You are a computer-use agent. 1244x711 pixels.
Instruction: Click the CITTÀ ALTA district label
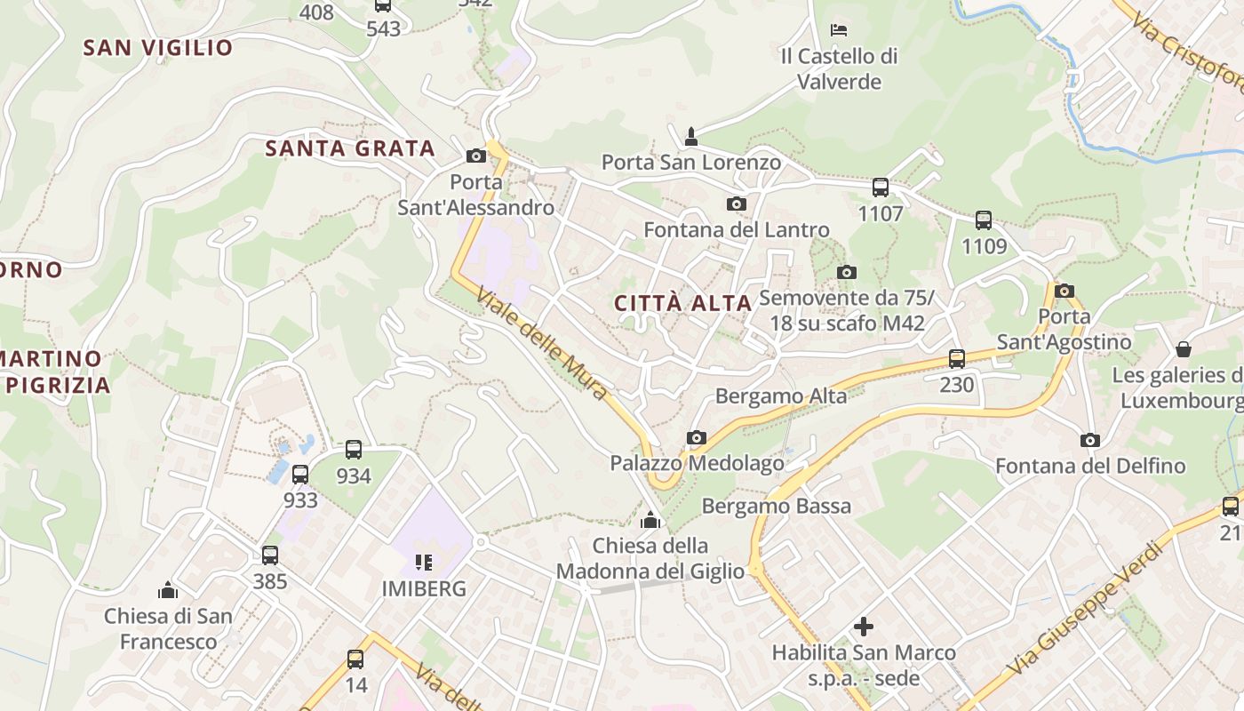[683, 303]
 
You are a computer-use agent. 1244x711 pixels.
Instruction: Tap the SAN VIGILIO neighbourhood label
[158, 48]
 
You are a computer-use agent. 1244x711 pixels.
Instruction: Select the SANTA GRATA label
[350, 148]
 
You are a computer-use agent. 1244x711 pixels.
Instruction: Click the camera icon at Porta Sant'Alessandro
[476, 156]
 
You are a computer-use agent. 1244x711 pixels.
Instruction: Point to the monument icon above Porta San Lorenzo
[691, 136]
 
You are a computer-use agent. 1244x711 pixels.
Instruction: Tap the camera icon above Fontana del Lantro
[736, 204]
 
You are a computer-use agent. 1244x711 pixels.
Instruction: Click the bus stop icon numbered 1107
[881, 188]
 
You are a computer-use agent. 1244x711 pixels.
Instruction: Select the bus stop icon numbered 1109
[984, 220]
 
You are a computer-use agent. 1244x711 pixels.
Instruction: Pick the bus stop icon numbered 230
[957, 359]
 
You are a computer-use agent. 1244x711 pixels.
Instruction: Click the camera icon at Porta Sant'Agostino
[1064, 291]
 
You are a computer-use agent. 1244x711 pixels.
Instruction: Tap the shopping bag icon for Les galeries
[1183, 348]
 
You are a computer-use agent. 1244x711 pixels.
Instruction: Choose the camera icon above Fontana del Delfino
[1089, 440]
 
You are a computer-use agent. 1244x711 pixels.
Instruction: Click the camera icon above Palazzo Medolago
[697, 437]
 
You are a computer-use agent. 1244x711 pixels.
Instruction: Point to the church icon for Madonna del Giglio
[650, 520]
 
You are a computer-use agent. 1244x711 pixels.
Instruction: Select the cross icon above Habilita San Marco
[863, 627]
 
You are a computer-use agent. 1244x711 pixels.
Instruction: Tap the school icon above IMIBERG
[424, 562]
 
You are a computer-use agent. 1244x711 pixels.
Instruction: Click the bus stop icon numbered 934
[354, 450]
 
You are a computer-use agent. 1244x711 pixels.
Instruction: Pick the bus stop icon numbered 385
[270, 555]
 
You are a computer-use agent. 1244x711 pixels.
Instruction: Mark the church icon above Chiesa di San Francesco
[167, 590]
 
